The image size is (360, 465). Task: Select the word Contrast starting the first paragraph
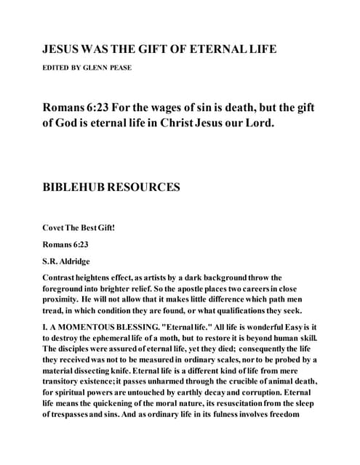point(64,278)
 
